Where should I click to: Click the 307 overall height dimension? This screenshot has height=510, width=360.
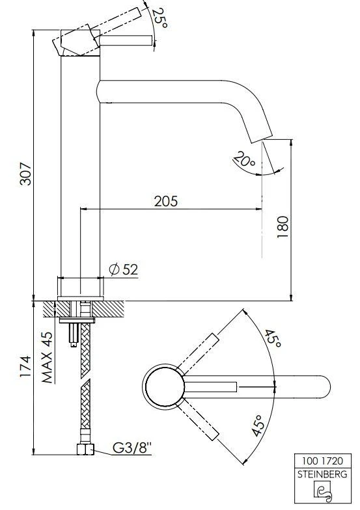tap(26, 173)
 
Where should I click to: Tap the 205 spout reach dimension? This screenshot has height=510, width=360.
tap(166, 202)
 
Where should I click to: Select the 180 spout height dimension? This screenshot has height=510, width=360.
tap(283, 226)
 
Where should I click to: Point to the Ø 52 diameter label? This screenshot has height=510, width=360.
tap(124, 269)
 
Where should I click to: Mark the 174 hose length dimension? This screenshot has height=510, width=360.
tap(25, 366)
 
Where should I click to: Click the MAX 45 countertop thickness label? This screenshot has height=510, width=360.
tap(47, 357)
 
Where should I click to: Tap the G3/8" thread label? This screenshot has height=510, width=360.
tap(132, 448)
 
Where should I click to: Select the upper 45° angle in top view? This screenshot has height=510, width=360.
tap(273, 338)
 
